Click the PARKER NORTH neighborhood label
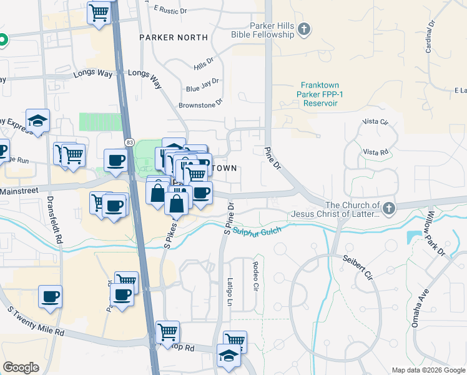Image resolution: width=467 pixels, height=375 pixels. click(174, 37)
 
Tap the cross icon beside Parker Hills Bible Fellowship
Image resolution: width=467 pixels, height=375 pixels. click(304, 28)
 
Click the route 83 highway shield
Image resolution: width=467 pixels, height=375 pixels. click(128, 142)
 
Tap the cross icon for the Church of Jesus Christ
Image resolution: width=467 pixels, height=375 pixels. click(389, 207)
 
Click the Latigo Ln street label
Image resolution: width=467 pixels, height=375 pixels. click(230, 292)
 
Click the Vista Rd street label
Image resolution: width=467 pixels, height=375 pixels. click(376, 152)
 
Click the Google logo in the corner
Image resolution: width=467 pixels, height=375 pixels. click(21, 367)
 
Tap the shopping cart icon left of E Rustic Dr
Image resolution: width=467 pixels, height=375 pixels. click(99, 12)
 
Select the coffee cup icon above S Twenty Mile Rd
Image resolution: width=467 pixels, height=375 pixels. click(50, 297)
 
